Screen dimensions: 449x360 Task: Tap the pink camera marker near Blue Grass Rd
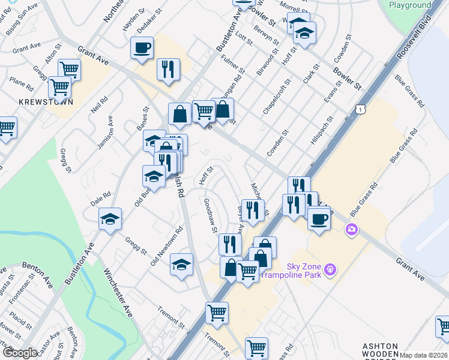coord(351,229)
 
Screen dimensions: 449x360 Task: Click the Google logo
coord(20,353)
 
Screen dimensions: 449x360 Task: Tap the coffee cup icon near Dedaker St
coord(142,48)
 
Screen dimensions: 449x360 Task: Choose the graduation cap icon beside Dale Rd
coord(110,220)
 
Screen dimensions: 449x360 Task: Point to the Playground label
coord(410,5)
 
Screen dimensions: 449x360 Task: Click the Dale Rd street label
coord(102,195)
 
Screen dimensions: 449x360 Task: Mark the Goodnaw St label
coord(210,216)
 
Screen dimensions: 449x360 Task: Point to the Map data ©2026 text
coord(423,355)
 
